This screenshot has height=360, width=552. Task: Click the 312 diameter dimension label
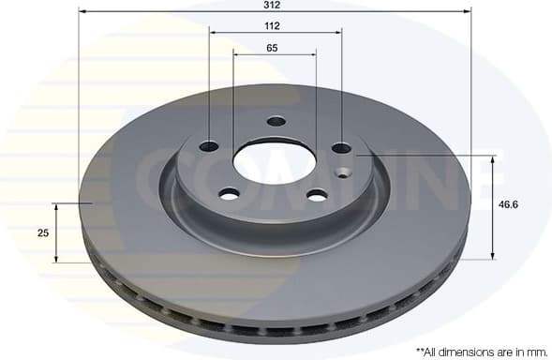pyautogui.click(x=273, y=5)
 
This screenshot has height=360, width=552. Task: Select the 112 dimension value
pyautogui.click(x=273, y=25)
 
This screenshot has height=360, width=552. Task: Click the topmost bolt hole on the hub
pyautogui.click(x=276, y=121)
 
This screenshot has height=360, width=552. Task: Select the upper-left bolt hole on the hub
pyautogui.click(x=209, y=146)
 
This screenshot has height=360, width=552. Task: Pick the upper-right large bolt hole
pyautogui.click(x=341, y=147)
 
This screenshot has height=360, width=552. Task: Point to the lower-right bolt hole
pyautogui.click(x=317, y=195)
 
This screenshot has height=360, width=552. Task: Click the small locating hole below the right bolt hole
pyautogui.click(x=342, y=172)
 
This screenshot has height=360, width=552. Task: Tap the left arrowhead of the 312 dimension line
pyautogui.click(x=83, y=11)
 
